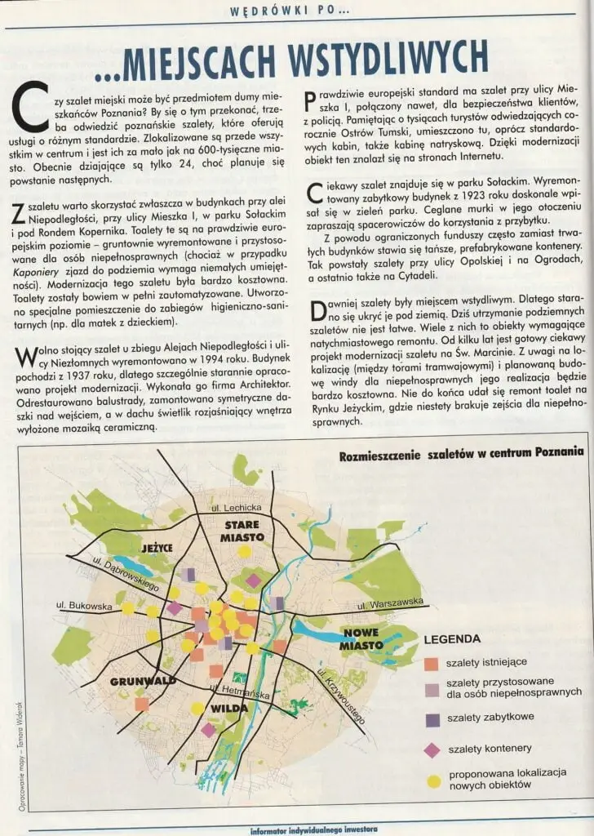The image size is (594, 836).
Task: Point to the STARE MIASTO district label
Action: (242, 531)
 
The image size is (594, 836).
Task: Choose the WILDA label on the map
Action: (229, 709)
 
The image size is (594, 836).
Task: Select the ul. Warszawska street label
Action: (390, 605)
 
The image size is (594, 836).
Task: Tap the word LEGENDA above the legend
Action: (452, 639)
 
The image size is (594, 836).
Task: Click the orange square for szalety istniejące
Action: (432, 661)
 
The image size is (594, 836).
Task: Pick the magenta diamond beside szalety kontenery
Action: (432, 749)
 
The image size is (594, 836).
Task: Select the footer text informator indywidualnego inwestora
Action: (314, 829)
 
